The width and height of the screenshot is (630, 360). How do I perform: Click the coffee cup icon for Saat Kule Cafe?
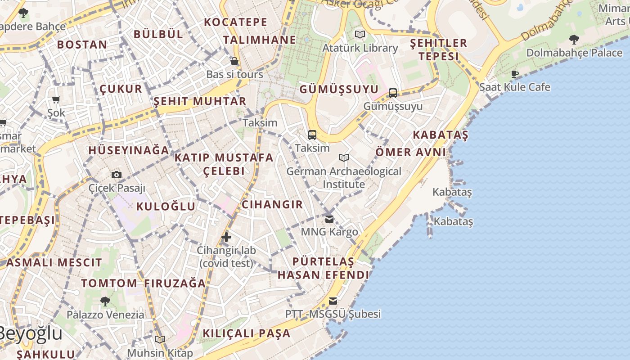[x=515, y=74]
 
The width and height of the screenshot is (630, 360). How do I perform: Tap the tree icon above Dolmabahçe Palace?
[x=574, y=40]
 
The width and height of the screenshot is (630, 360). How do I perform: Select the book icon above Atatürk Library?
[x=360, y=34]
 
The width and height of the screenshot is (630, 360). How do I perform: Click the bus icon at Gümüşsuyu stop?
[x=393, y=93]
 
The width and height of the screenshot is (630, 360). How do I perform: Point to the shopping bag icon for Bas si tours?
[x=234, y=61]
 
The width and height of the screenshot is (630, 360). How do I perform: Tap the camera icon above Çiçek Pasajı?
[x=117, y=175]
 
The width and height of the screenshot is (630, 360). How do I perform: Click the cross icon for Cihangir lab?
[x=226, y=237]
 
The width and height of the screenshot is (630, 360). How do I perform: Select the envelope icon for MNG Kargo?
[x=329, y=219]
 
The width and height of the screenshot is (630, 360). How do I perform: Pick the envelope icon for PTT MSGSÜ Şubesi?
[x=333, y=301]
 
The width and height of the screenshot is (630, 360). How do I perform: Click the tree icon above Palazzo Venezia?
[x=105, y=301]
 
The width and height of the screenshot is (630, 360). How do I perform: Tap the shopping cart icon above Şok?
[x=56, y=100]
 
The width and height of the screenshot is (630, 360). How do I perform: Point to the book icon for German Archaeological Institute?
[x=344, y=158]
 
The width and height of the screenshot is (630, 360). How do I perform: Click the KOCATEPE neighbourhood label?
[x=235, y=22]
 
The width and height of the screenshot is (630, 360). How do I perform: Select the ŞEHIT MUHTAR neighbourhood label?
[x=200, y=101]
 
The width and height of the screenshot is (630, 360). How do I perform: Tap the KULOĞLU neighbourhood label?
[x=166, y=207]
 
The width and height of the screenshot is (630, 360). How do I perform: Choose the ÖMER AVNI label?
[x=410, y=152]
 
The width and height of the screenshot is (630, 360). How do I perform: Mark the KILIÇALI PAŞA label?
[x=247, y=333]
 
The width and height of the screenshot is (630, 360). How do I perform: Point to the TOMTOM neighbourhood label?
[x=109, y=283]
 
